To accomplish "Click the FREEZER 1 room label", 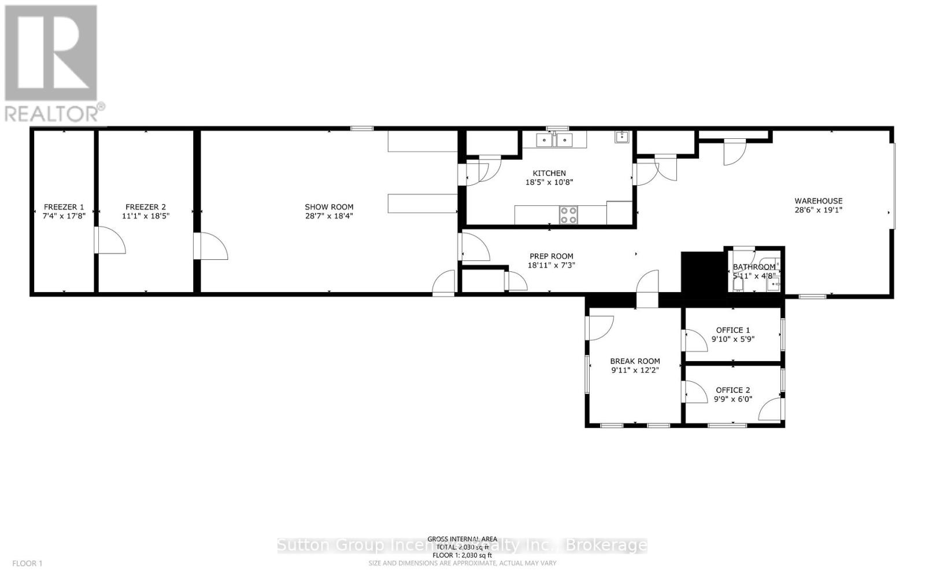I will (64, 207).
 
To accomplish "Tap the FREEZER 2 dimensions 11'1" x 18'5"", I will (146, 216).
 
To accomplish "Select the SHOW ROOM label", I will (329, 207).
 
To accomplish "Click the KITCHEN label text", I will (549, 173).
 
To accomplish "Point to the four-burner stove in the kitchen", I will (568, 215).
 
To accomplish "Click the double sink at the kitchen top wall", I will (553, 139).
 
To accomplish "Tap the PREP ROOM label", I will (551, 256).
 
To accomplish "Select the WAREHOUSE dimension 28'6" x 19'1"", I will (818, 210).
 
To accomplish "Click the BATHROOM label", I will (754, 267).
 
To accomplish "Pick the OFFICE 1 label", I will (732, 330).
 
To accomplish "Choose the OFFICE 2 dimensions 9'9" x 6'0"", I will (732, 399).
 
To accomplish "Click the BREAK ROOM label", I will (635, 361).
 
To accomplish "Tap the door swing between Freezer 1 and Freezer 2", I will (110, 241).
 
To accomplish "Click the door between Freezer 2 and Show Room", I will (212, 246).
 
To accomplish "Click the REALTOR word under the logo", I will (52, 113).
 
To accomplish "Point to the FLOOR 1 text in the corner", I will (27, 563).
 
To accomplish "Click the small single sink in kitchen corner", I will (622, 137).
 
